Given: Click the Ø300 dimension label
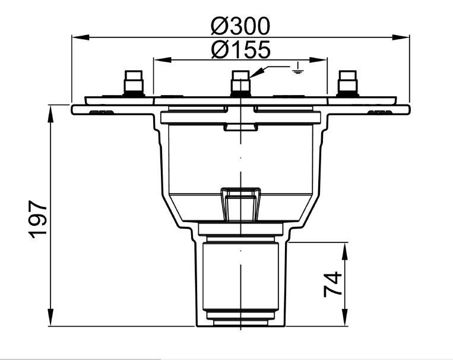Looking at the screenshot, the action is coord(240,26).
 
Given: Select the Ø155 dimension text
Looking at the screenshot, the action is coord(240,49).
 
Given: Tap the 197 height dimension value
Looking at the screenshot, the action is coord(38,219).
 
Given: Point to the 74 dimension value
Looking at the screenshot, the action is coord(332,284).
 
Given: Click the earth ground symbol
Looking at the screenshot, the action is coord(297,68).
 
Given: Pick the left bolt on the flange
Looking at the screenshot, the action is coord(134,83).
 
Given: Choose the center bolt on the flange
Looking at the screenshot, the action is coord(240,83).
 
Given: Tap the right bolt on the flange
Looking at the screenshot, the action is coord(348,83).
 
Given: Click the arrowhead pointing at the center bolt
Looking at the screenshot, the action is coord(256,72).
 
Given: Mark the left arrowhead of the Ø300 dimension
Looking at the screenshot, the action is coord(80,37).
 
